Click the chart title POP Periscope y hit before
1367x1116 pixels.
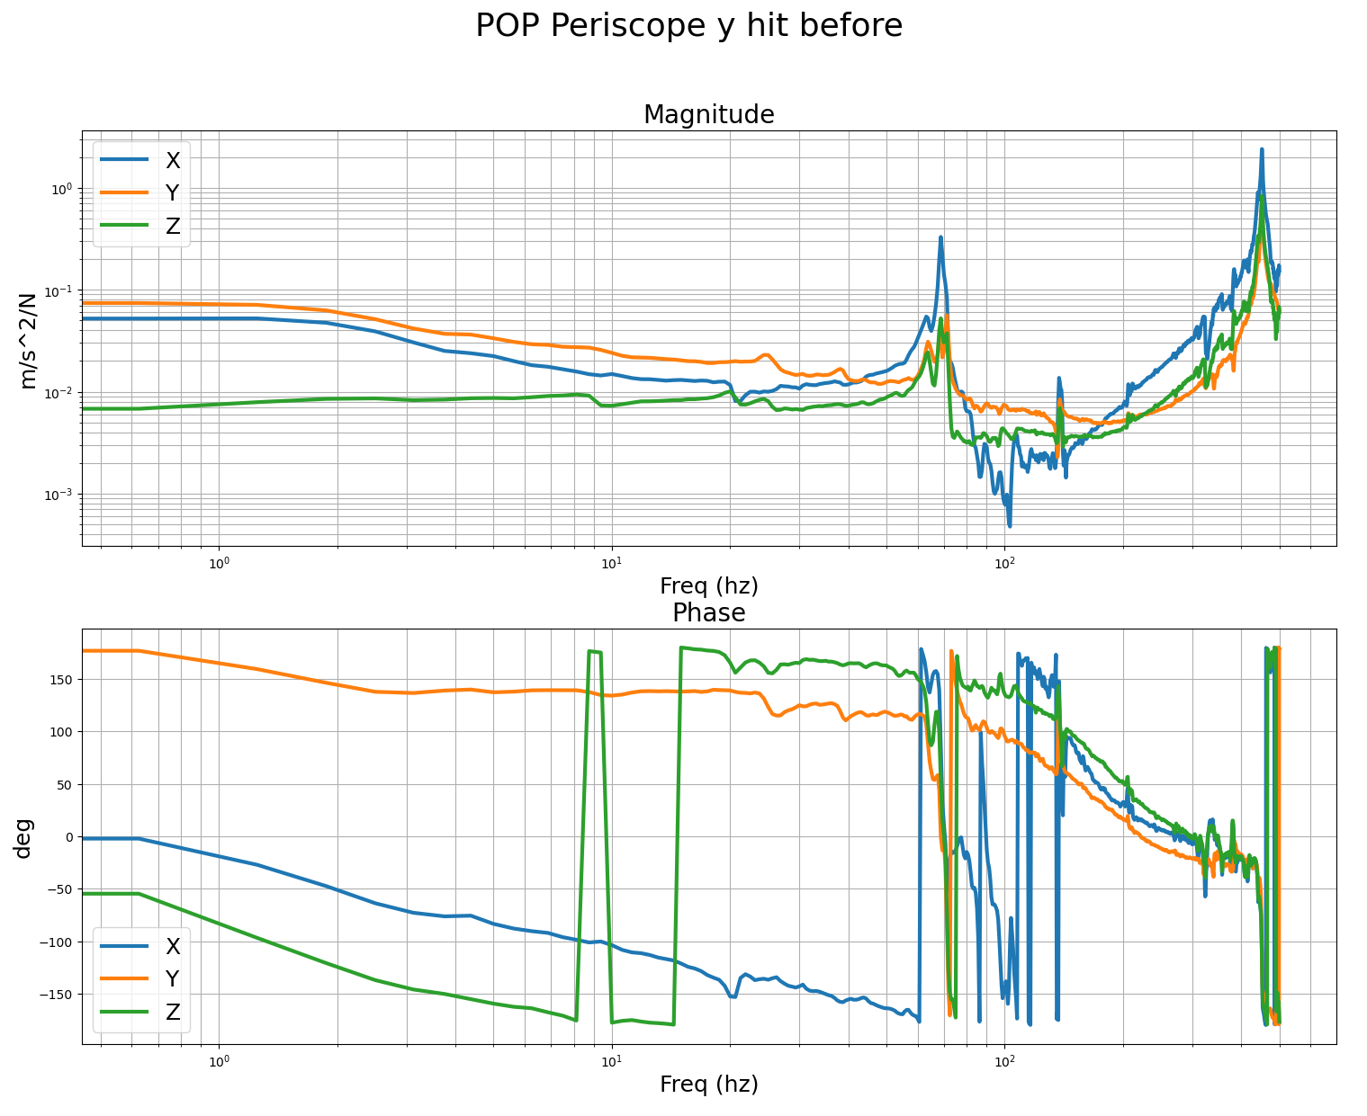click(x=688, y=26)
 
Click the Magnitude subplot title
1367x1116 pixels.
click(x=708, y=115)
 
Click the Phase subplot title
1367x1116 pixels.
click(x=708, y=613)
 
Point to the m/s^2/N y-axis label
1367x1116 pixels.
click(x=28, y=339)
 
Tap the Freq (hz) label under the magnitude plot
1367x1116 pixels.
click(x=708, y=586)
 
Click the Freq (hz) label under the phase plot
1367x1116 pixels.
click(x=708, y=1085)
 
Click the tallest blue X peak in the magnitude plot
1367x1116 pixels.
click(x=1262, y=151)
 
